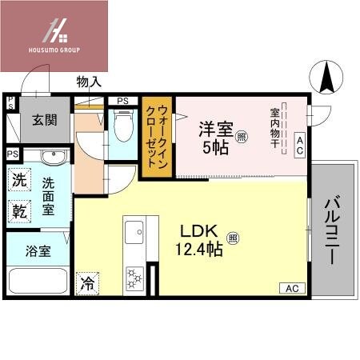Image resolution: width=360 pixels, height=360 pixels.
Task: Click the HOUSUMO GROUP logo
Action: pos(55,36)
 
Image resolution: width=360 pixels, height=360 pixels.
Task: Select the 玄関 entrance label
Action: pos(45,121)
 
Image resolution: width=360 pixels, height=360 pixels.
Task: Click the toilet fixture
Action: pos(123,126)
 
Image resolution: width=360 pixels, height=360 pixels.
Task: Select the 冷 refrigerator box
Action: pos(86,282)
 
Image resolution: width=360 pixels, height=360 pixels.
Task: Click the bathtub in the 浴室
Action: pos(38,282)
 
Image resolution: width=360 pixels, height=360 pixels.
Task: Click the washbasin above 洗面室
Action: pos(50,156)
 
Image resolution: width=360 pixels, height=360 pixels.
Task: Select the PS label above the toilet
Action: pos(122,100)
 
